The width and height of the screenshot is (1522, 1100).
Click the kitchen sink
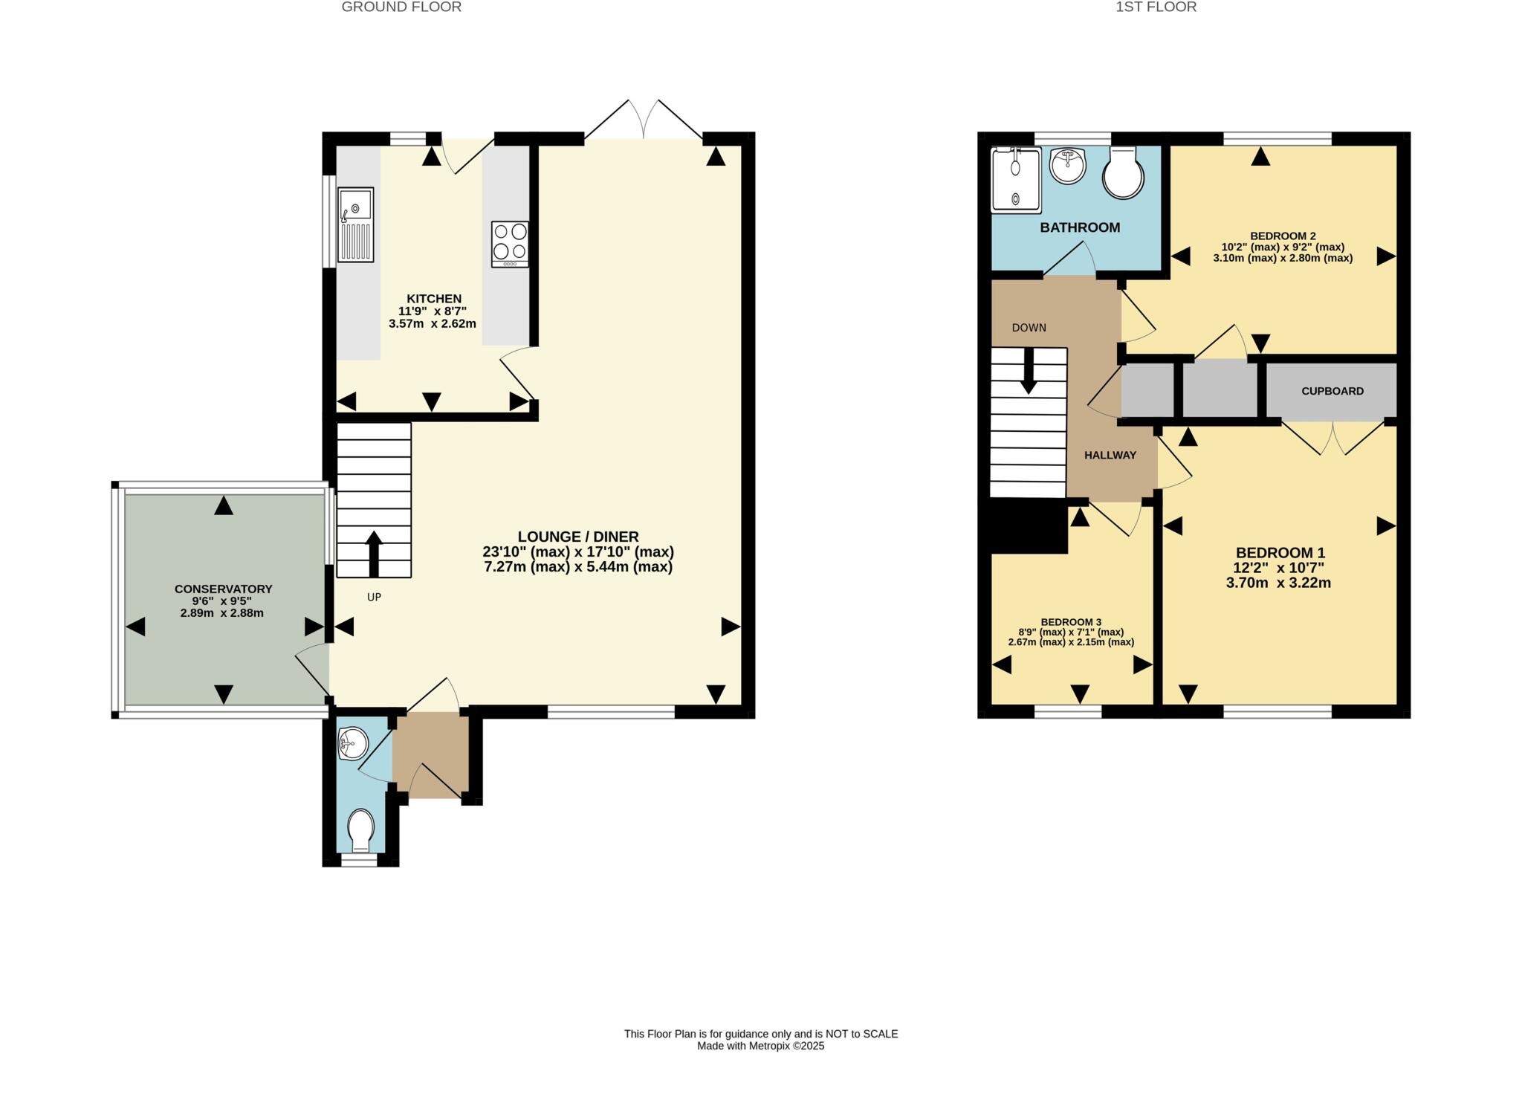[356, 224]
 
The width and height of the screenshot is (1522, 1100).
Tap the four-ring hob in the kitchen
[510, 244]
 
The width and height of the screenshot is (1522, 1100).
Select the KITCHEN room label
[434, 299]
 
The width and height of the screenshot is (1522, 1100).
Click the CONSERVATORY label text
[224, 589]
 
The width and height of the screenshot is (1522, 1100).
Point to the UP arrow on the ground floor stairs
[374, 554]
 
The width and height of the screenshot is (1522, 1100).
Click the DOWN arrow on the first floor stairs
[1029, 370]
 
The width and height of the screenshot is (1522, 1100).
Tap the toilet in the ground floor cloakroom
[361, 830]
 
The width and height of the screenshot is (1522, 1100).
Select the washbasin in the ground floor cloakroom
[352, 743]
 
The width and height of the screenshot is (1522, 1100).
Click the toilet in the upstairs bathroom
[1123, 172]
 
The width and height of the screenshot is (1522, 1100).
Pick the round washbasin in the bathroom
[1068, 164]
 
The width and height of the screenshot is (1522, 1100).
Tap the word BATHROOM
[1080, 227]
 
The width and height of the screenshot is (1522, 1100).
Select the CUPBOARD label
[1332, 391]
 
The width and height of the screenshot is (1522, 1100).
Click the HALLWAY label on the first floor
[1110, 455]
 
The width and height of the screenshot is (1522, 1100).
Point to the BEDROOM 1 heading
[1280, 553]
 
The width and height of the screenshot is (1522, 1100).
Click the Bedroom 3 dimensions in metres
[1071, 642]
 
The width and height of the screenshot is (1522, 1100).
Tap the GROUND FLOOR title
[401, 7]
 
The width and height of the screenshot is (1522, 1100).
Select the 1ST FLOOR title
[1156, 7]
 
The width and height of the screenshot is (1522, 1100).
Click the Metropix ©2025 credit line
[761, 1046]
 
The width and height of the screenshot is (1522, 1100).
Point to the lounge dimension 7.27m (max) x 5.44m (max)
[578, 567]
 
